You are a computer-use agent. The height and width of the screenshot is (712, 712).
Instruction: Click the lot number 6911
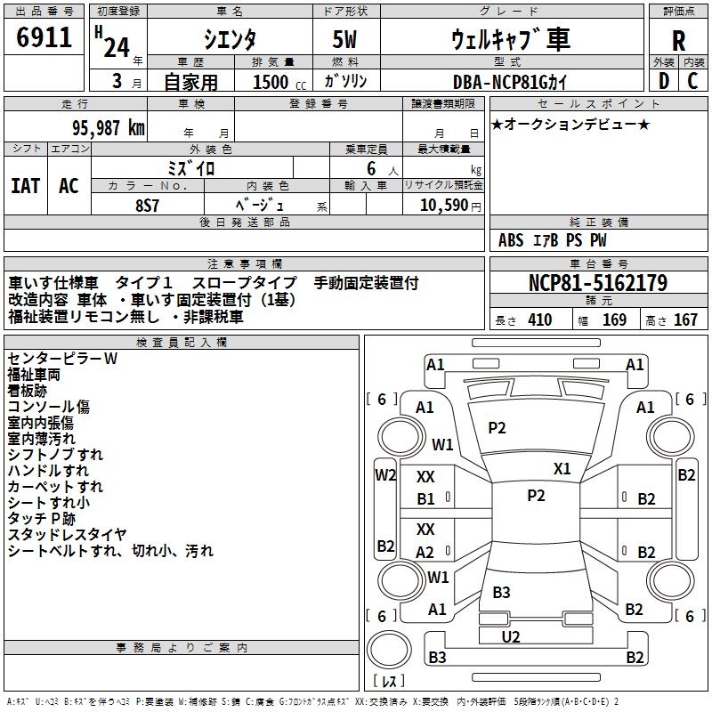tap(44, 38)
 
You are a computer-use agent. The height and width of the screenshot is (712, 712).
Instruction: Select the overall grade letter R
tap(678, 40)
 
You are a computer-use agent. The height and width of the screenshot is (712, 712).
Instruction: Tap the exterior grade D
tap(663, 80)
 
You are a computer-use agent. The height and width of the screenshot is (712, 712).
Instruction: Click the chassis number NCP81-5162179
tap(597, 283)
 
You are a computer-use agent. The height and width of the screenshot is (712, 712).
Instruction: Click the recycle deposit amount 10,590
tap(440, 205)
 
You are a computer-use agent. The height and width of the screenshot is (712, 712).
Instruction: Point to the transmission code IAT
tap(25, 185)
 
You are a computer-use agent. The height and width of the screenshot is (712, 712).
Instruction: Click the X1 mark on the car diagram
tap(562, 468)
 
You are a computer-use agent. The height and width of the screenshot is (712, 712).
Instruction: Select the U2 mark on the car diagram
tap(511, 635)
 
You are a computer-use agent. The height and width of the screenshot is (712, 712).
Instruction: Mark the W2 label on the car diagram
tap(384, 474)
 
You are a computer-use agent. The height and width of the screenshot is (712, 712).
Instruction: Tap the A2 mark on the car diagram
tap(425, 552)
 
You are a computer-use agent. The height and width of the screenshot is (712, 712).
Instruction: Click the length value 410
tap(539, 320)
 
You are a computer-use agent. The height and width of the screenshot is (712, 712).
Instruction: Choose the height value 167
tap(684, 320)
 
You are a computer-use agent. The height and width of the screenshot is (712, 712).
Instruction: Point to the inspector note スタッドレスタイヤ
tap(67, 535)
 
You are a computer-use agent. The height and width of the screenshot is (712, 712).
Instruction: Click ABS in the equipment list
tap(511, 240)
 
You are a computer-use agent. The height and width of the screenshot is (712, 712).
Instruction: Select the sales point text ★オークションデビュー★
tap(570, 125)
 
